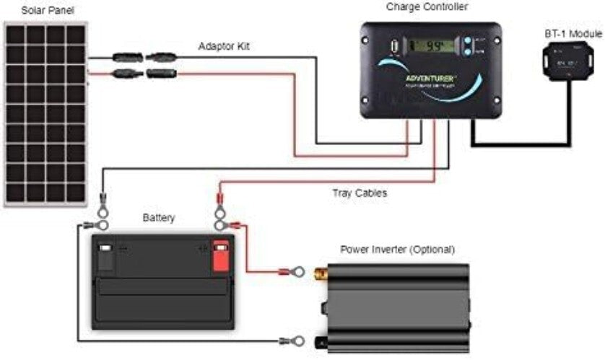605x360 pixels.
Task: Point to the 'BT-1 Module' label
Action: click(574, 35)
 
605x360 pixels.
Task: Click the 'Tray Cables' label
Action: click(360, 193)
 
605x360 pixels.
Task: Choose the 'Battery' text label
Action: click(158, 217)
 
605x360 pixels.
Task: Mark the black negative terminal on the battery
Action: click(105, 254)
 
